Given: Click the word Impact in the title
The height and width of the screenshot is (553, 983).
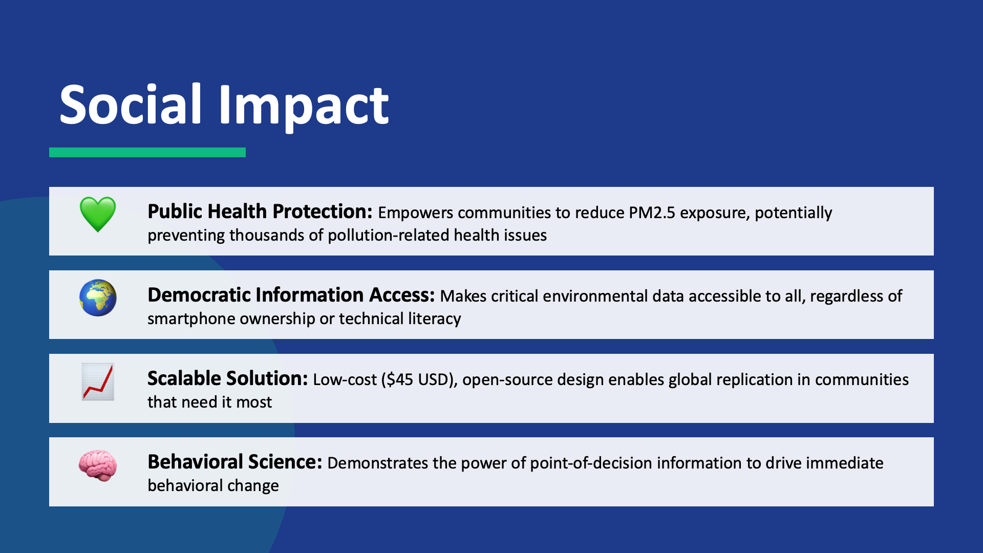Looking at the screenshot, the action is click(304, 108).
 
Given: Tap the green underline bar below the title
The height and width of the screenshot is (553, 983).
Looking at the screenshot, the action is click(147, 152).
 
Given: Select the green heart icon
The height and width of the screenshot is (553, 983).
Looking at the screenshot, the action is click(98, 214).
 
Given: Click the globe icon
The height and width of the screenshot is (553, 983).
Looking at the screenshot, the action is click(98, 297).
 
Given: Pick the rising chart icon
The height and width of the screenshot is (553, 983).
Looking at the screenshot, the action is click(98, 381).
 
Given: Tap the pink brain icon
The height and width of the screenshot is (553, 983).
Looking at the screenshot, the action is click(98, 465).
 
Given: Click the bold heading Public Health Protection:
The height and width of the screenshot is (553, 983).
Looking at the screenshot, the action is click(260, 211).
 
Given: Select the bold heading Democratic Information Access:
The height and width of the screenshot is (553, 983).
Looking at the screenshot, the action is click(291, 295).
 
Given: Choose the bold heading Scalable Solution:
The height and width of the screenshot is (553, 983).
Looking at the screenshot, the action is click(228, 378).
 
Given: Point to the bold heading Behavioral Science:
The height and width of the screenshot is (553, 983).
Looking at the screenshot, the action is click(235, 462).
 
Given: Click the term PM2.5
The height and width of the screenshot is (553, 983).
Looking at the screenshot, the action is click(652, 212).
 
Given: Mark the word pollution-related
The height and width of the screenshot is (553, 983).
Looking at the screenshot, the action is click(389, 236).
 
